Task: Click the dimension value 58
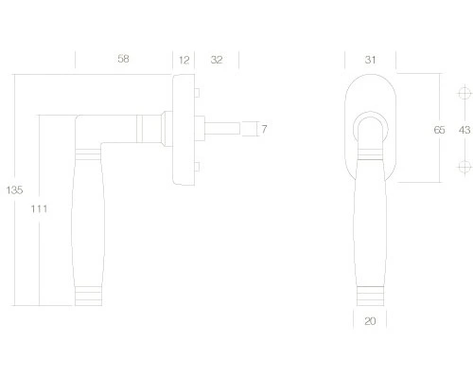(123, 59)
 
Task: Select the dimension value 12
(184, 60)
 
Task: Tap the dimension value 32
(217, 60)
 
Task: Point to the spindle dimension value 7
(264, 129)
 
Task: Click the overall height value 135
(14, 189)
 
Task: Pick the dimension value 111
(39, 208)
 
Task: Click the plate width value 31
(370, 60)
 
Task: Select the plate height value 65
(439, 130)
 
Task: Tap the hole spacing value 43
(464, 130)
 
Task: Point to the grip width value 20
(370, 321)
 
